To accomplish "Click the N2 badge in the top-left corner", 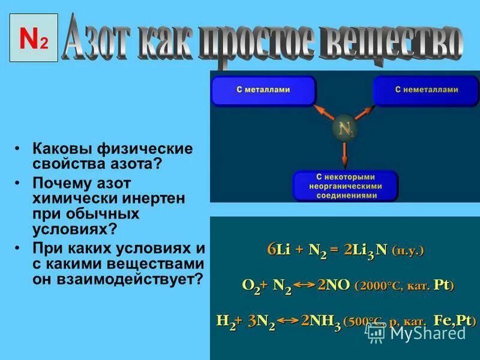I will pos(34,38).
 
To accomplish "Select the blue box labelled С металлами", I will pos(263,91).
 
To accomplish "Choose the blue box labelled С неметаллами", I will pos(426,91).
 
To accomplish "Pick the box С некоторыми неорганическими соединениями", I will pos(345,186).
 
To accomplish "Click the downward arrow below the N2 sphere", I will pos(344,156).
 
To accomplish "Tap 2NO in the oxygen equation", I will pos(334,286).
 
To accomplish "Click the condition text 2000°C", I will pos(376,286).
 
